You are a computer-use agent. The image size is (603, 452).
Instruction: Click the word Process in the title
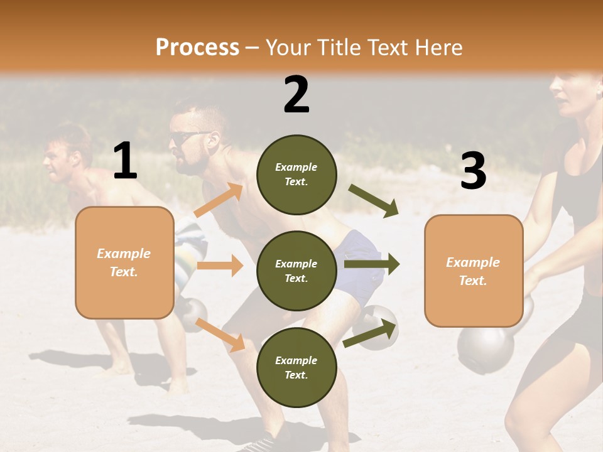[197, 48]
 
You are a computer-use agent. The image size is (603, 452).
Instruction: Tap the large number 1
[125, 161]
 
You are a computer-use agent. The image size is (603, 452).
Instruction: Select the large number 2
[296, 94]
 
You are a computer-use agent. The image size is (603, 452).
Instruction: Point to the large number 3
[474, 171]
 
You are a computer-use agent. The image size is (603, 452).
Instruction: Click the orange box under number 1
[124, 262]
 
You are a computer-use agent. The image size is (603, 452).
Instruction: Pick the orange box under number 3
[474, 271]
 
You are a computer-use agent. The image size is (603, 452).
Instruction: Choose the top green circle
[296, 174]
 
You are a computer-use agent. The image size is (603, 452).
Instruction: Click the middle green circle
[296, 271]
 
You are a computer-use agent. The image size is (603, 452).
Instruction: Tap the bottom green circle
[296, 367]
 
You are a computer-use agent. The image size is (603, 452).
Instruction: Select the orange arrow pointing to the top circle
[219, 200]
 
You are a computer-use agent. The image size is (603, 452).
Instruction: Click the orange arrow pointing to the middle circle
[220, 266]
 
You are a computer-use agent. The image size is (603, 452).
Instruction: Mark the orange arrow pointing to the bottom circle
[220, 335]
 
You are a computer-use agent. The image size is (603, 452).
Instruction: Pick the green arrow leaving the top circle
[374, 200]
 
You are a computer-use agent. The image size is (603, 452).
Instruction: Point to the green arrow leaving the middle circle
[372, 264]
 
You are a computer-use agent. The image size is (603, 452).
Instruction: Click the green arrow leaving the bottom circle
[371, 333]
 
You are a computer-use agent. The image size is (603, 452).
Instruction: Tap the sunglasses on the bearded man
[187, 138]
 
